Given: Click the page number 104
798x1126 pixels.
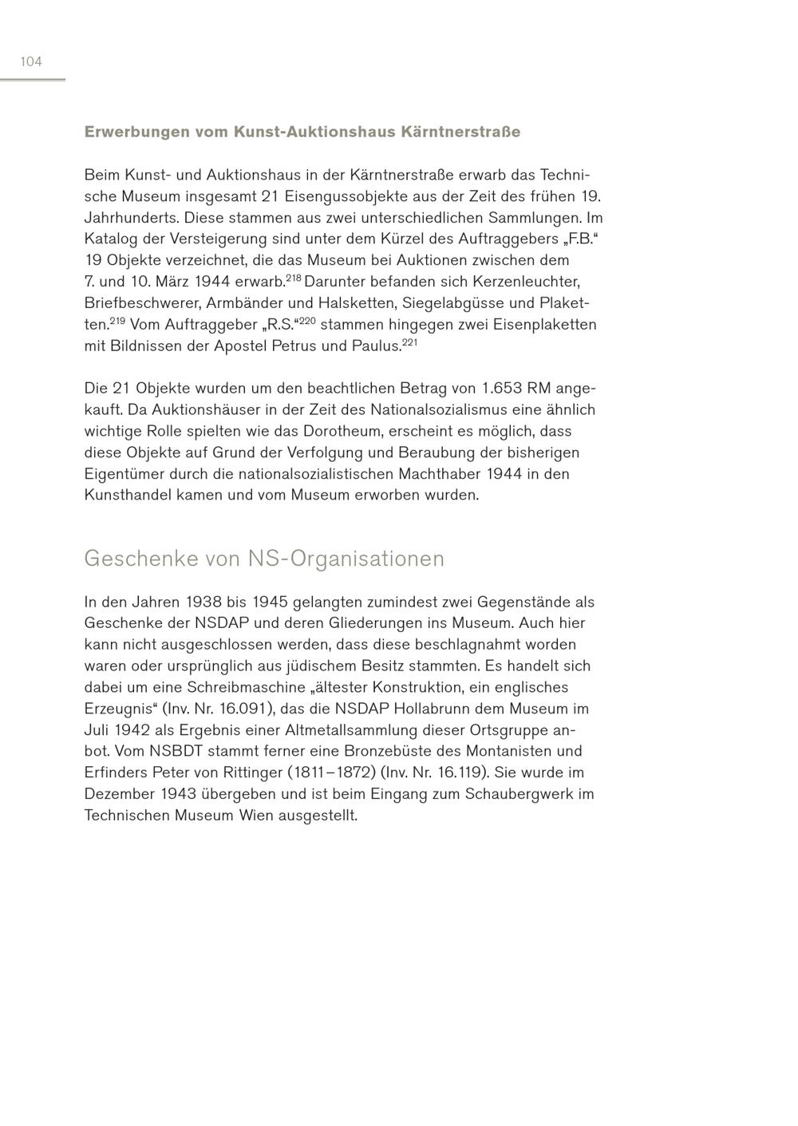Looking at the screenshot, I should [31, 62].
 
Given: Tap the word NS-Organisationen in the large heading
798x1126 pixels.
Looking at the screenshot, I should [346, 559].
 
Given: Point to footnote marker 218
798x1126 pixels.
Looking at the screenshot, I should [293, 278].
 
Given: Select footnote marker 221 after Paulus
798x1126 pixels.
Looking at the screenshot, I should [409, 342].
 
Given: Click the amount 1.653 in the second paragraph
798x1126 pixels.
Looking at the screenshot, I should [501, 389].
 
